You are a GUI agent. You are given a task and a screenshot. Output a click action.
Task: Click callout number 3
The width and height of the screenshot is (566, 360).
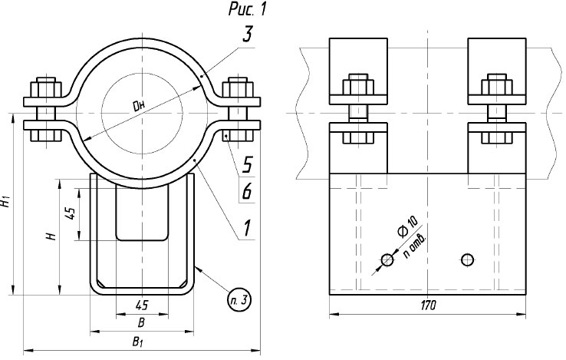click(x=247, y=35)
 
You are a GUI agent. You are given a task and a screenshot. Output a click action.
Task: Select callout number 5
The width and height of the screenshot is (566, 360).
click(x=247, y=163)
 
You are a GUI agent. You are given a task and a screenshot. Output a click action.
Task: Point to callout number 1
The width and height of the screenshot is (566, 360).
click(x=247, y=228)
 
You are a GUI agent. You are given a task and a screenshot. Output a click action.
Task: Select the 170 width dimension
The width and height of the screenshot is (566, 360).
click(x=428, y=306)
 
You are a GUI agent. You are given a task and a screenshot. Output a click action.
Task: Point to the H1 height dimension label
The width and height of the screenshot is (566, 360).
click(x=6, y=203)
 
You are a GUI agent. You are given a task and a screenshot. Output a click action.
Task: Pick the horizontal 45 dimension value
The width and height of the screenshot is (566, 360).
click(x=141, y=306)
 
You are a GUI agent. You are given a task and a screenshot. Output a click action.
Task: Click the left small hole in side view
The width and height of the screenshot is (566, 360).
click(x=387, y=261)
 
